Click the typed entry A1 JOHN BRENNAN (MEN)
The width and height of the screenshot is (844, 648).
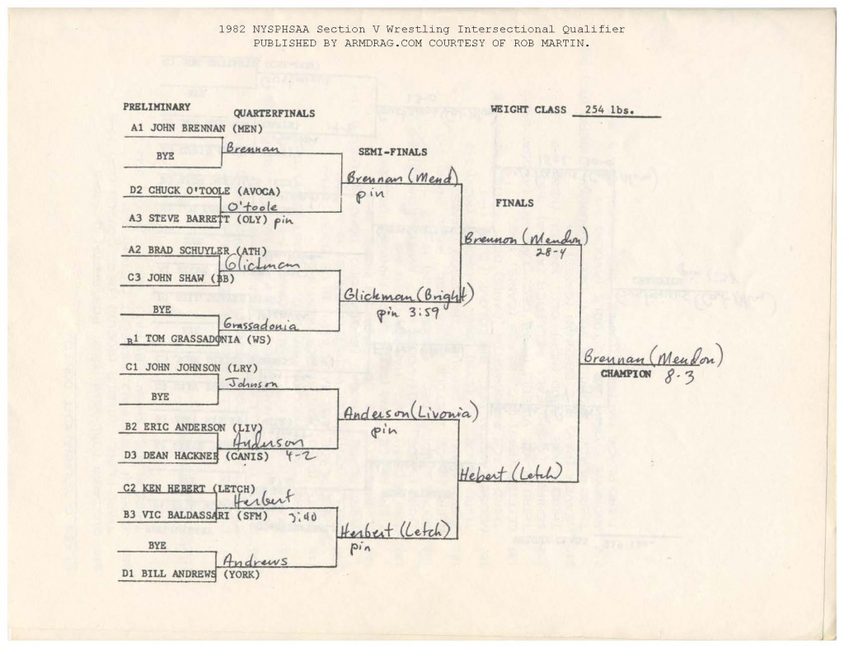point(196,129)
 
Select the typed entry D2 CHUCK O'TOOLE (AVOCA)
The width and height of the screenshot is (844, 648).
point(204,190)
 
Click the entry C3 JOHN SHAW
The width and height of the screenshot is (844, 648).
point(176,279)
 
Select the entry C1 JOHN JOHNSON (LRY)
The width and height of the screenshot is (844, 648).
point(191,367)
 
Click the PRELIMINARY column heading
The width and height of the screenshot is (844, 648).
point(157,106)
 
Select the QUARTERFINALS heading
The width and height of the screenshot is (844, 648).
point(274,113)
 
